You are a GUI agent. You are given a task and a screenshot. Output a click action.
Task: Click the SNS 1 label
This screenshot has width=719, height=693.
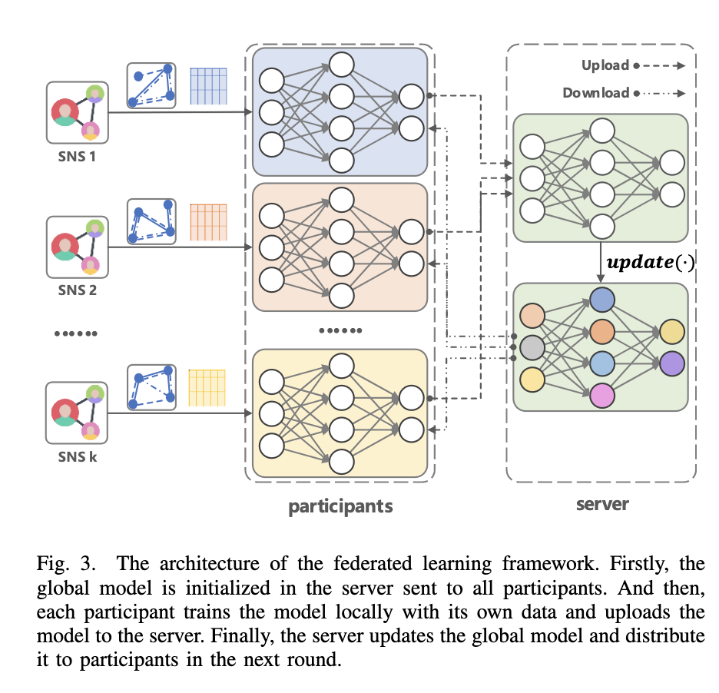[78, 159]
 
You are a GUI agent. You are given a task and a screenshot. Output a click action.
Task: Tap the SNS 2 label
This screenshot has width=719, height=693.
[78, 291]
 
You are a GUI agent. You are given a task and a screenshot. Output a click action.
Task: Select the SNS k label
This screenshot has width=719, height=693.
[78, 459]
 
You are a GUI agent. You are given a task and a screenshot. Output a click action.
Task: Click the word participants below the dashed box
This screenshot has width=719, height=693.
[340, 506]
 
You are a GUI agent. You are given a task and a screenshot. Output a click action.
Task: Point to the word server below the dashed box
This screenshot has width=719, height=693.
[602, 505]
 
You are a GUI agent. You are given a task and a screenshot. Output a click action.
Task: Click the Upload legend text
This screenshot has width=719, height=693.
[605, 65]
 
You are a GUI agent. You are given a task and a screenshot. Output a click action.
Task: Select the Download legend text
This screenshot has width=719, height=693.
[595, 93]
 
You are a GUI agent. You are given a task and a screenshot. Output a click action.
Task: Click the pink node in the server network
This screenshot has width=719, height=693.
[602, 394]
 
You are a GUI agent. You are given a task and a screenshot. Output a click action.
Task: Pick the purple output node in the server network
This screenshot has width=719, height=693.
[671, 363]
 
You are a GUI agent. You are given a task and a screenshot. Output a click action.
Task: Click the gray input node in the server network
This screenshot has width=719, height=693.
[532, 347]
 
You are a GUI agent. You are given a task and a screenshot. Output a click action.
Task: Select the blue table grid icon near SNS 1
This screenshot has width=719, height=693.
[209, 86]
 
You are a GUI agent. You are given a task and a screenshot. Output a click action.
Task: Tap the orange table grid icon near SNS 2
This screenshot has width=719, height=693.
[209, 221]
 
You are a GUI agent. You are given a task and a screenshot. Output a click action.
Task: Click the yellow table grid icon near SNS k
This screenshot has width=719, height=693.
[208, 387]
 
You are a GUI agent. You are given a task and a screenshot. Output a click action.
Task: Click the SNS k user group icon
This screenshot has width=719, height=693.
[77, 413]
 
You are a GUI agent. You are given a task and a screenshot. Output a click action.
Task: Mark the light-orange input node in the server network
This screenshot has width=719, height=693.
[532, 316]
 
